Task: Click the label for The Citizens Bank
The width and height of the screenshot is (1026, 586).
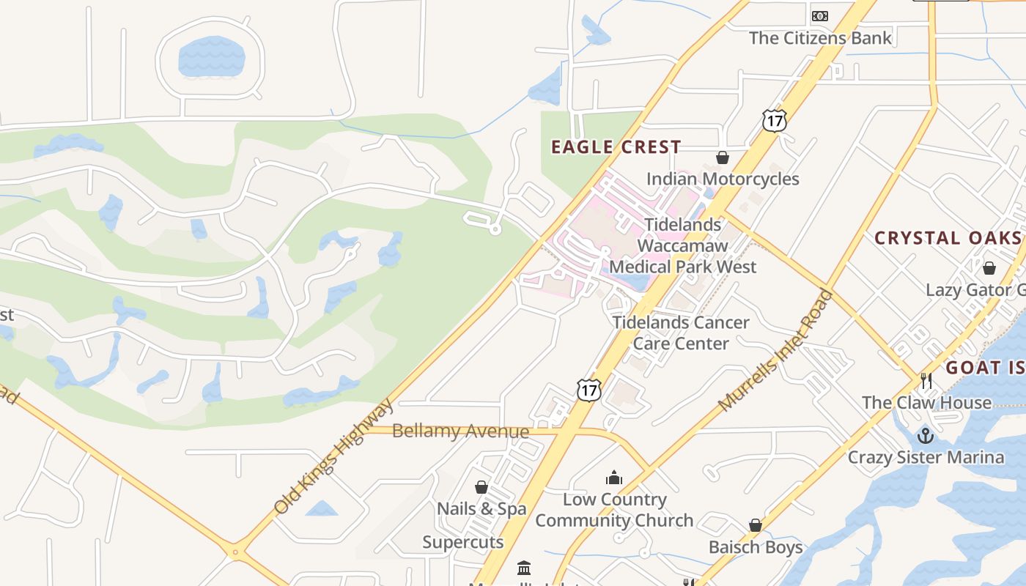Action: coord(820,38)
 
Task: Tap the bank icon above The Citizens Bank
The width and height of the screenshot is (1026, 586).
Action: coord(819,16)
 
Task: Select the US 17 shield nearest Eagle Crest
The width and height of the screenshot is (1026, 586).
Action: coord(774,120)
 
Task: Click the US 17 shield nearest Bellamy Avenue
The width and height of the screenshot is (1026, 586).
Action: coord(588,390)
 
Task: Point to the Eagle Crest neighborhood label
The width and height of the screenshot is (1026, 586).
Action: coord(616,147)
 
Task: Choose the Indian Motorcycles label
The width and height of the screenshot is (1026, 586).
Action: coord(722,179)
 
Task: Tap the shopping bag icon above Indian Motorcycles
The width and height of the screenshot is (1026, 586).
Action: coord(722,157)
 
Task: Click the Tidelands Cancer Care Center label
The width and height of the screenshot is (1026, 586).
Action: coord(681,333)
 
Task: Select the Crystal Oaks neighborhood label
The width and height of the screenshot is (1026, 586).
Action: coord(947,238)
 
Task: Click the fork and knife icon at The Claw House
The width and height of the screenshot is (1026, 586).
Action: coord(926,381)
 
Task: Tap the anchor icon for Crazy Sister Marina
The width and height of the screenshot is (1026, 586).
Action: coord(926,436)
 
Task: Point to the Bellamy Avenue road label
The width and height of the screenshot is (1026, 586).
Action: coord(460,431)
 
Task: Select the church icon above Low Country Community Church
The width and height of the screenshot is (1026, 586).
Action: coord(614,478)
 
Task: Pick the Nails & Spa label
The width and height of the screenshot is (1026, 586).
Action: coord(481,508)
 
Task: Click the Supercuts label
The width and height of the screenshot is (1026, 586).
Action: coord(462,542)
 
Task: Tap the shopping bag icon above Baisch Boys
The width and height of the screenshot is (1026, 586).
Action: coord(756,525)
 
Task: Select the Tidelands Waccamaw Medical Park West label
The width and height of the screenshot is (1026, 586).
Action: coord(682,245)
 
